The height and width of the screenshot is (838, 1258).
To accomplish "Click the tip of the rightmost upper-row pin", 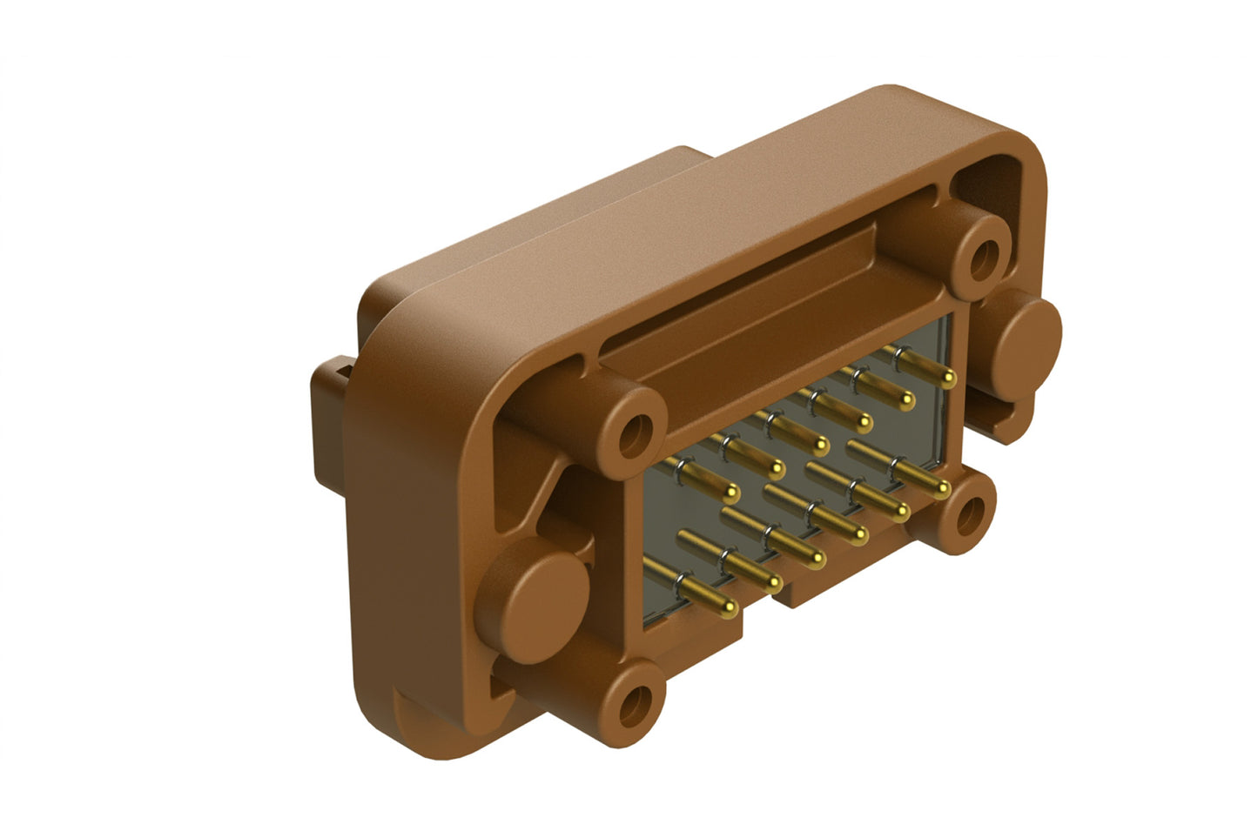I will tap(950, 379).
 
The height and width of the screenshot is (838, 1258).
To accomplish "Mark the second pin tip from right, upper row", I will tap(907, 401).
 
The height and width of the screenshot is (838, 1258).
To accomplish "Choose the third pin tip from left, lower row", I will tap(816, 558).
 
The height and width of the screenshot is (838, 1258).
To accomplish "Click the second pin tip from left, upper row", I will tap(774, 470).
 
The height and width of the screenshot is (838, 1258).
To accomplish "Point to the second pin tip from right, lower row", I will tap(900, 510).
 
